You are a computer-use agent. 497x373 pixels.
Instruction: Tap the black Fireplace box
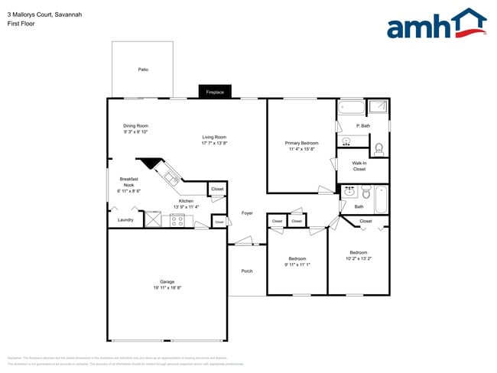(x=215, y=92)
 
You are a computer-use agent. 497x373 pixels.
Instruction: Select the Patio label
(x=143, y=70)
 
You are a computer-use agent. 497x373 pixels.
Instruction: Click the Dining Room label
(x=135, y=125)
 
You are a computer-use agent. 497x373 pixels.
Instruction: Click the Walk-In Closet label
(x=359, y=166)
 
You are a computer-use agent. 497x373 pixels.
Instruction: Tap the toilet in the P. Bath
(x=378, y=147)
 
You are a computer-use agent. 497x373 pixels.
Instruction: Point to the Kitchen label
(x=187, y=201)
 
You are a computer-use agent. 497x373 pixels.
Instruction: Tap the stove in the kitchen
(x=177, y=221)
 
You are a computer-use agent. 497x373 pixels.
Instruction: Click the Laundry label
(x=125, y=220)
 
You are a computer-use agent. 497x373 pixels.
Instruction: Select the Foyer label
(x=247, y=212)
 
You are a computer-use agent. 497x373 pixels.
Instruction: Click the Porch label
(x=247, y=271)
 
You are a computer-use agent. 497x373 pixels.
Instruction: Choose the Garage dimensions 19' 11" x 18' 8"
(x=167, y=287)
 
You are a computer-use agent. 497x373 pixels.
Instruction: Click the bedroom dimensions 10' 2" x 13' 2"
(x=359, y=258)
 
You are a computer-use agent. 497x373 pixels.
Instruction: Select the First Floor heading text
(x=21, y=24)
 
